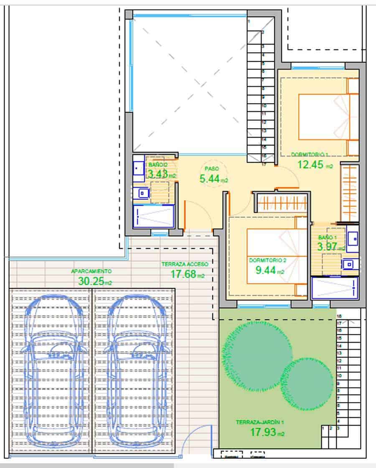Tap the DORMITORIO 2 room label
pos(267,261)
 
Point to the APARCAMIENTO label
pos(91,271)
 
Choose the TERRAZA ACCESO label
pos(185,264)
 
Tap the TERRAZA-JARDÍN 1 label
pos(260,422)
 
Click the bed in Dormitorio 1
pos(328,116)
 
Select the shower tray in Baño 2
pos(153,216)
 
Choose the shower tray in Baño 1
pos(335,288)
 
